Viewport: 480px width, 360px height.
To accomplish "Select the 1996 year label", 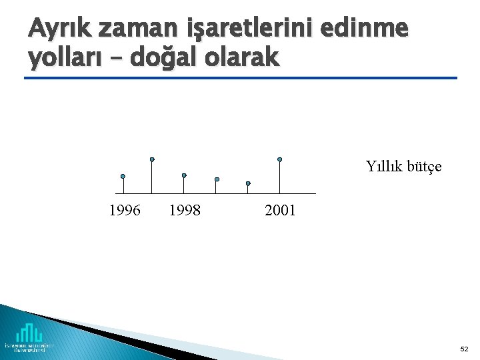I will pyautogui.click(x=125, y=211).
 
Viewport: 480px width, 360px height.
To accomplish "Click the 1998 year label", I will pyautogui.click(x=185, y=211).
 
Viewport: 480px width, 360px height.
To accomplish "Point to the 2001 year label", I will pyautogui.click(x=280, y=211).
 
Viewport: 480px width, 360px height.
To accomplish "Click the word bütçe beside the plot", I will pyautogui.click(x=424, y=167).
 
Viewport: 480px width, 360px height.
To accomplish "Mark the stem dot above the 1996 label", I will pyautogui.click(x=123, y=177).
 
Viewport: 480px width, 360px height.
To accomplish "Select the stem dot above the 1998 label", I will pyautogui.click(x=184, y=175).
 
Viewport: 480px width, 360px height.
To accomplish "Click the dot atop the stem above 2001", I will pyautogui.click(x=280, y=159).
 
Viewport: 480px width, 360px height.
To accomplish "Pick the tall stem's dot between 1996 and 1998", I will pyautogui.click(x=152, y=159).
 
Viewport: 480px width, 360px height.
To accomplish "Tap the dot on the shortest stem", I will pyautogui.click(x=248, y=183).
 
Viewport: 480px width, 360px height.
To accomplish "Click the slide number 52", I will pyautogui.click(x=464, y=349).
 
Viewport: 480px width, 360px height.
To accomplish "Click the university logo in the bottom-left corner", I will pyautogui.click(x=30, y=337).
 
